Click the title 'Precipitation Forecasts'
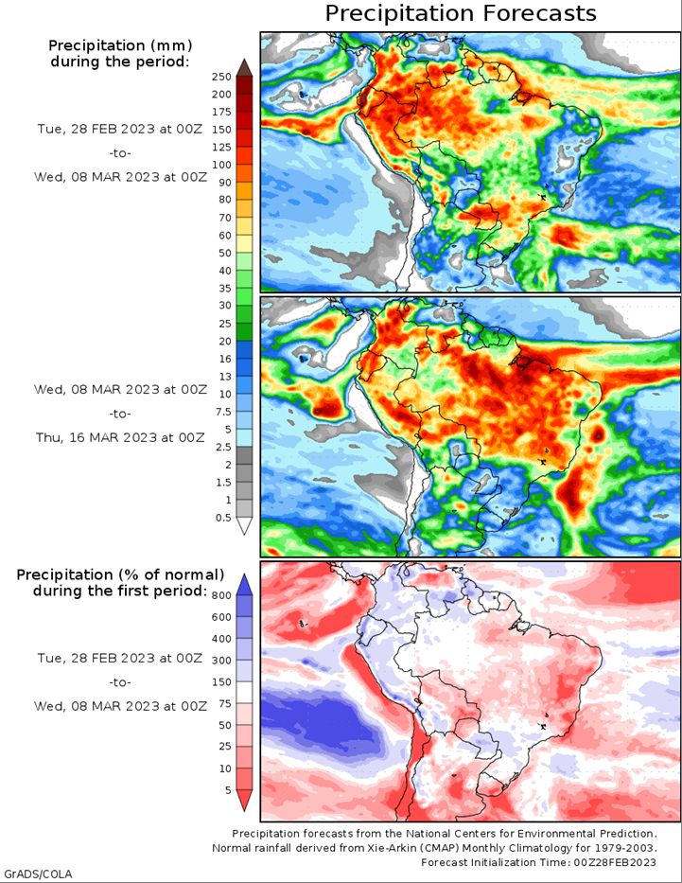point(461,13)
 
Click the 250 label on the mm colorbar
point(221,77)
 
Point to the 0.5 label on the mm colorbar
point(223,518)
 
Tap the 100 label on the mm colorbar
point(221,165)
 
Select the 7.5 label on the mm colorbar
point(223,412)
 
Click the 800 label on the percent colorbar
point(221,595)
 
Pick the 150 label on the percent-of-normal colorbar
point(221,682)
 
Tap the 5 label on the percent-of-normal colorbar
point(228,790)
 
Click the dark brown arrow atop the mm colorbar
point(244,67)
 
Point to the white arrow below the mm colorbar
point(244,525)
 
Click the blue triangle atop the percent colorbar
point(244,585)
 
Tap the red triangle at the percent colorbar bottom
point(244,800)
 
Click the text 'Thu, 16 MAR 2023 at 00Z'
point(120,437)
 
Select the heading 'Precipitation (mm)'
point(120,45)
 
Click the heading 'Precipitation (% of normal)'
point(120,574)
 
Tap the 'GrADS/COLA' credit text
point(37,874)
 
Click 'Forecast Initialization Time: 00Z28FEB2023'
point(538,862)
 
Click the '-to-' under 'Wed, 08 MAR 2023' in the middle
point(120,414)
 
